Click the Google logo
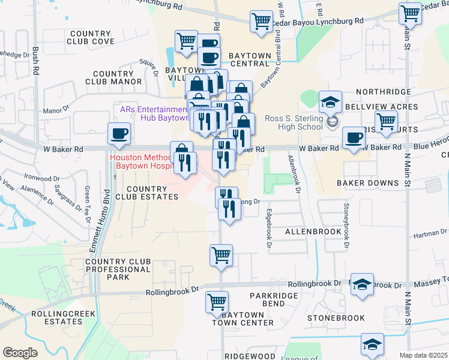tap(20, 353)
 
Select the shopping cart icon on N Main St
tap(410, 13)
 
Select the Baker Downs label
tap(367, 182)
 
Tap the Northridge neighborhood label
tap(382, 92)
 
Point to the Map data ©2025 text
tap(424, 355)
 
